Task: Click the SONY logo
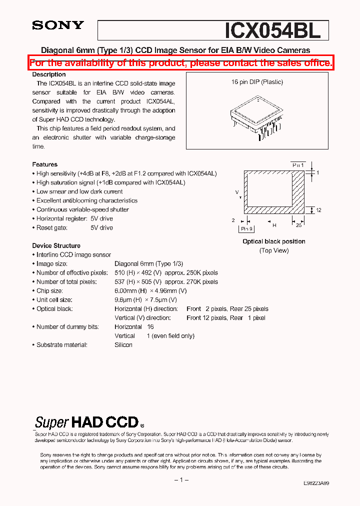58,25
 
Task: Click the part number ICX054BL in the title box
272,30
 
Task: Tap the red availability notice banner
180,63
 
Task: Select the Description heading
49,74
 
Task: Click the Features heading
45,164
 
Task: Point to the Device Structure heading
56,245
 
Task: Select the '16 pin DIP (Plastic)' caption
257,82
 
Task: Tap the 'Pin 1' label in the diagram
298,165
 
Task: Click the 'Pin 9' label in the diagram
246,228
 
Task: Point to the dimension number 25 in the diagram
298,225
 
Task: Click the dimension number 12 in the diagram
318,210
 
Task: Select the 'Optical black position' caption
273,241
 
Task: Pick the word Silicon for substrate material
123,345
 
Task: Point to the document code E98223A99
316,484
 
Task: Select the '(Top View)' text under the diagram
273,250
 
